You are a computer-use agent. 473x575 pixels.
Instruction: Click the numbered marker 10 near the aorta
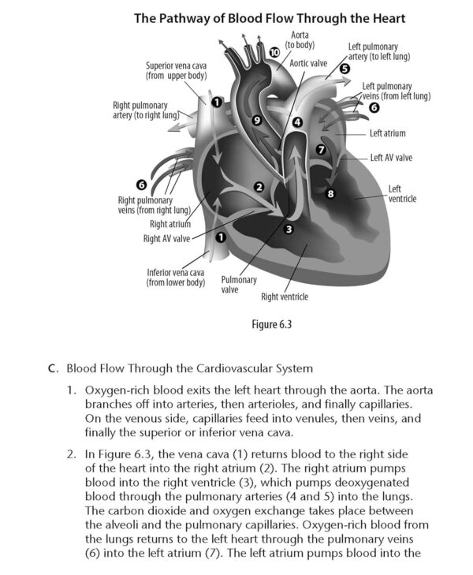[274, 52]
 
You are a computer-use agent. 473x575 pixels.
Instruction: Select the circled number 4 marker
[296, 122]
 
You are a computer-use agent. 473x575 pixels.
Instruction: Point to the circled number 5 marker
[345, 69]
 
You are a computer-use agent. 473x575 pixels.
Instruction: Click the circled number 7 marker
[321, 149]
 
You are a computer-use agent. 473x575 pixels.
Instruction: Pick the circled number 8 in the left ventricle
[331, 192]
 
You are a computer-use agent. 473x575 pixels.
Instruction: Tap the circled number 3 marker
[289, 229]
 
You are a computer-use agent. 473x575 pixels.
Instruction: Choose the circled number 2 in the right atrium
[259, 187]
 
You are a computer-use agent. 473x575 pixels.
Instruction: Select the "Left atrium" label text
[388, 133]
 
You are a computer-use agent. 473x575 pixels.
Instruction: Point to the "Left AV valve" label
[391, 157]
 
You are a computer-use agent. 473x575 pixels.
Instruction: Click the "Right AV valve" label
[166, 238]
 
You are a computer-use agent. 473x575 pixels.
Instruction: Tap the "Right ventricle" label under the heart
[284, 297]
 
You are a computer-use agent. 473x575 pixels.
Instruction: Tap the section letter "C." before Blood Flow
[54, 368]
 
